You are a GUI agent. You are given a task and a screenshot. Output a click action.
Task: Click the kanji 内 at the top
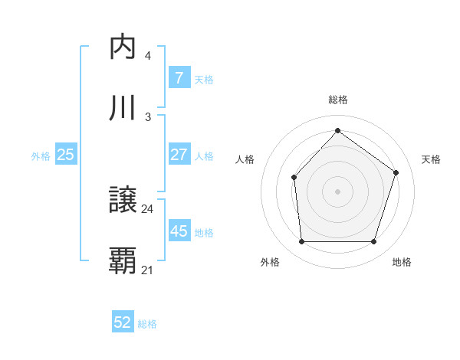click(123, 47)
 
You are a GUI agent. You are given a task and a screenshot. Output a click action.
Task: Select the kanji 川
click(123, 108)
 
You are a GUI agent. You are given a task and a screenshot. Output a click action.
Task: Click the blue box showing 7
click(179, 78)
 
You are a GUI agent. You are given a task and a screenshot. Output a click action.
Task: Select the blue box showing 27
click(179, 155)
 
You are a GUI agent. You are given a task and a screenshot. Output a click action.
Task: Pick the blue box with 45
click(179, 231)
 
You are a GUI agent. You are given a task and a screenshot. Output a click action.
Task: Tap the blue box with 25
click(65, 155)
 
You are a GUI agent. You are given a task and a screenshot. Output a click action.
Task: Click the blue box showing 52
click(123, 323)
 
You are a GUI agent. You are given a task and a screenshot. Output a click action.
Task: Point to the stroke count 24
click(147, 208)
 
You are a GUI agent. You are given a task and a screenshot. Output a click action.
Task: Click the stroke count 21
click(147, 270)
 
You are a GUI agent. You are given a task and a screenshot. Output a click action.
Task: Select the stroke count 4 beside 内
click(147, 55)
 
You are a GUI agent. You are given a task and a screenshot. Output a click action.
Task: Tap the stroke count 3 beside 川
click(147, 116)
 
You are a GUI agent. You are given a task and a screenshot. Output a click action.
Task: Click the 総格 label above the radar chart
click(337, 100)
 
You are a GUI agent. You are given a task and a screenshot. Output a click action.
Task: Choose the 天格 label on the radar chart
click(431, 159)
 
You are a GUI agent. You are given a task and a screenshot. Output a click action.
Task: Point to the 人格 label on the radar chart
click(245, 159)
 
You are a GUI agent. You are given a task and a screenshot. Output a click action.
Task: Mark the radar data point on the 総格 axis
click(337, 130)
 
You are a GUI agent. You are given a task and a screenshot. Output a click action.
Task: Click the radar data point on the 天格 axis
click(396, 172)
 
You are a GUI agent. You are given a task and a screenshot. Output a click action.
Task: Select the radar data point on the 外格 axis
click(301, 242)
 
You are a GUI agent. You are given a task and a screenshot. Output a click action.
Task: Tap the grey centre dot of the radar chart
click(337, 191)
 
